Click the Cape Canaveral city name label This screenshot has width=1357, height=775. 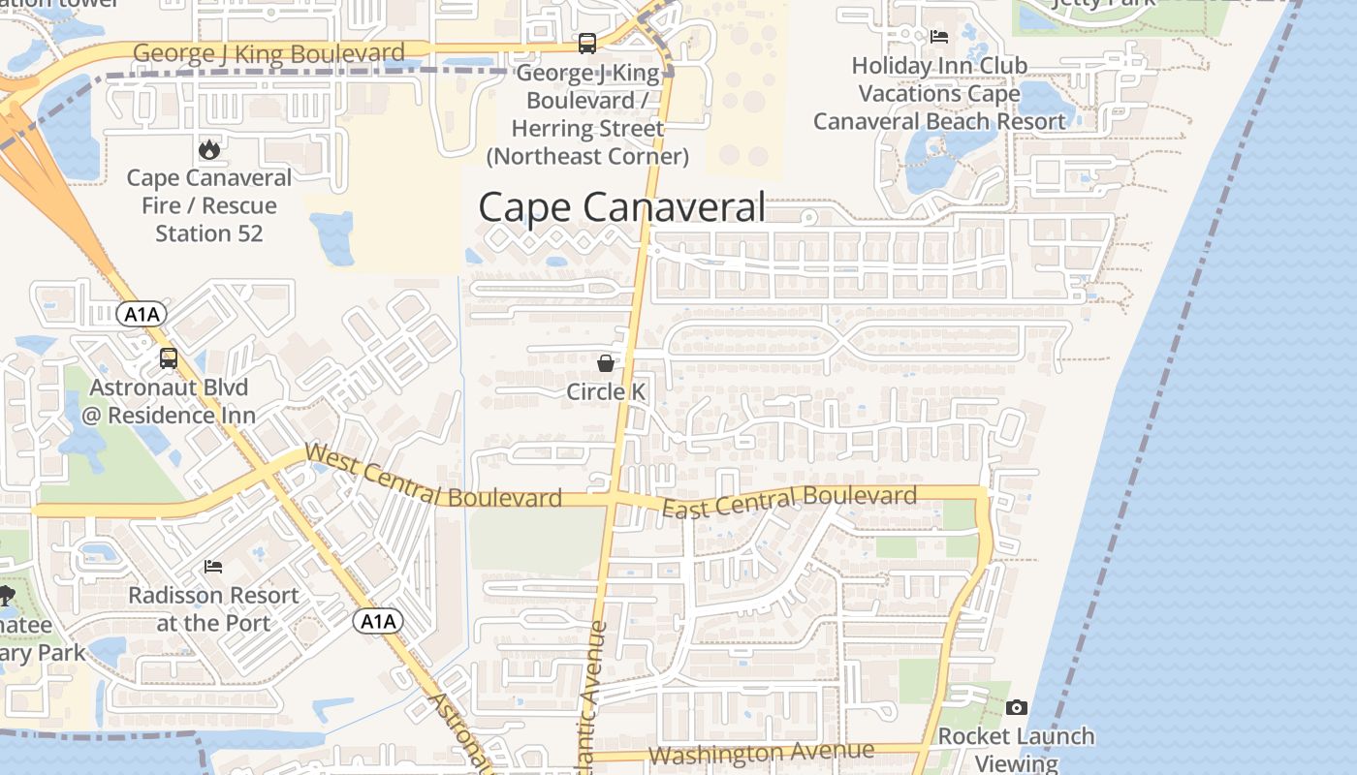pos(621,207)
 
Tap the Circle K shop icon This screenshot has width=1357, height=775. pos(606,363)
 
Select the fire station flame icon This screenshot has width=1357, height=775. pos(208,149)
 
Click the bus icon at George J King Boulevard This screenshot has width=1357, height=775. pos(586,44)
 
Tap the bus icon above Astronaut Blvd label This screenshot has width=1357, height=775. pos(169,358)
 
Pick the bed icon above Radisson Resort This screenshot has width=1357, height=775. pos(213,566)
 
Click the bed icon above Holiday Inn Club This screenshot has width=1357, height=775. pos(938,37)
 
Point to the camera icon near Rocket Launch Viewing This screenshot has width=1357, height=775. pos(1016,707)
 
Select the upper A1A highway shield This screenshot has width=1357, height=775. pos(142,314)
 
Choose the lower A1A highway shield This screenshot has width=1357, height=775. pos(377,621)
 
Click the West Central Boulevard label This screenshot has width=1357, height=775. pos(433,478)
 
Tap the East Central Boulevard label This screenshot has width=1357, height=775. pos(789,502)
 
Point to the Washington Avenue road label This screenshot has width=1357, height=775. pos(761,753)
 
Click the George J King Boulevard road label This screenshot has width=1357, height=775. pos(268,53)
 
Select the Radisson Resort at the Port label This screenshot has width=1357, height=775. pos(213,608)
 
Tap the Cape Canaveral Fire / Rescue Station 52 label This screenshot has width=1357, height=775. pos(208,205)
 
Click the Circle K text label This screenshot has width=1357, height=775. pos(606,391)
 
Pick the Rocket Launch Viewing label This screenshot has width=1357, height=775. pos(1016,749)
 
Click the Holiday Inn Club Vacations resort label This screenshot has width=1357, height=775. pos(938,93)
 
